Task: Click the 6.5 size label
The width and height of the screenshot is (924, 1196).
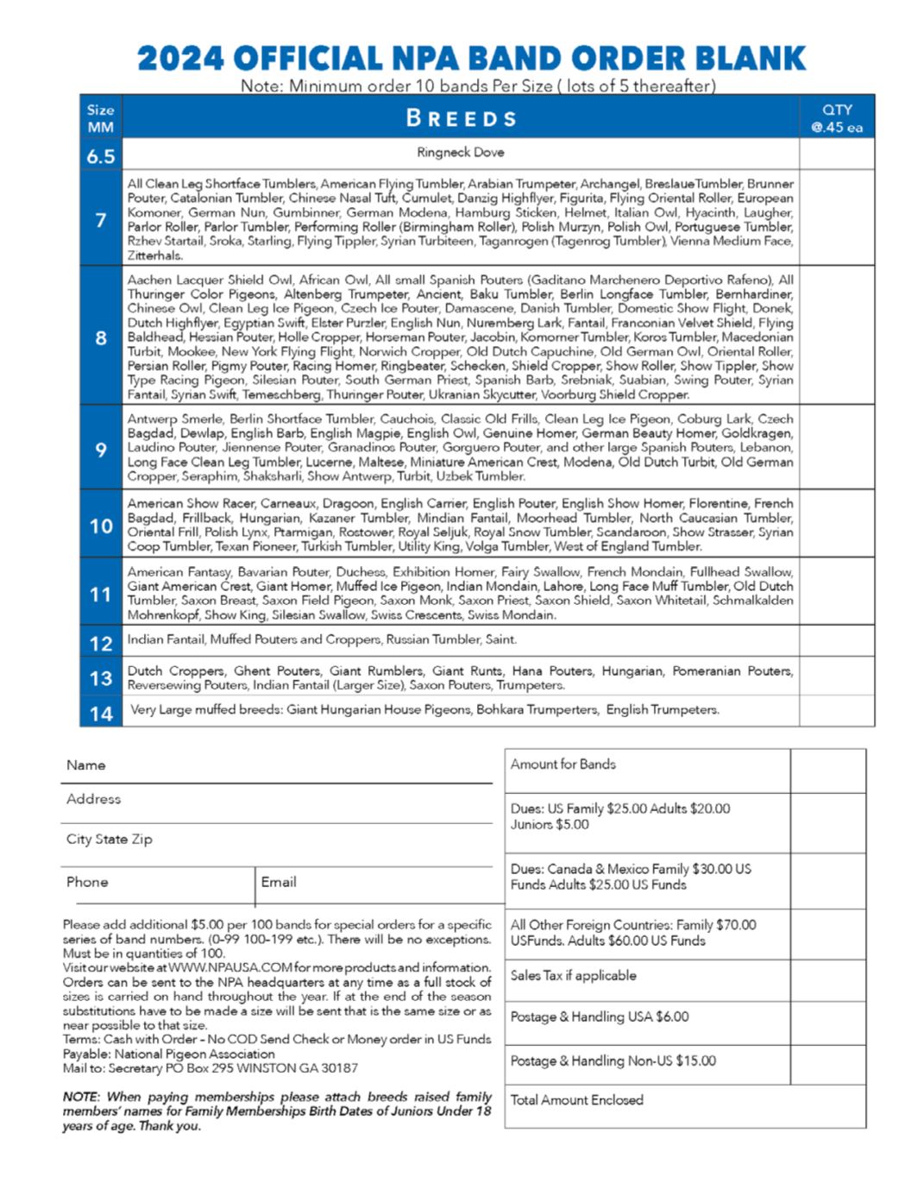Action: (101, 156)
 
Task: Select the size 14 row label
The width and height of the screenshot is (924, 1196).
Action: (101, 714)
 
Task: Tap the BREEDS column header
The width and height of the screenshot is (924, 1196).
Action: (461, 118)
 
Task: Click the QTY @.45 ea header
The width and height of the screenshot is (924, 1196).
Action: (836, 118)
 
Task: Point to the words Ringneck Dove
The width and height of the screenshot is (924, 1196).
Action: (461, 153)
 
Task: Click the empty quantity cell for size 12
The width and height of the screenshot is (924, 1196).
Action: (836, 641)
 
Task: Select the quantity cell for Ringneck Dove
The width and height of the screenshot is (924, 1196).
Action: (836, 154)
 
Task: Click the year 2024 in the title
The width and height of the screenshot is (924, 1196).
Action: (180, 59)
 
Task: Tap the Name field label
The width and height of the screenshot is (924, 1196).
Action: (86, 765)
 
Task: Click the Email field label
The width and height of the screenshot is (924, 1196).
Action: (279, 882)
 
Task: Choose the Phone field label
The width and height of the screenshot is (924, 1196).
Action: (87, 882)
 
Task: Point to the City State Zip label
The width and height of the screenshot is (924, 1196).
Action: (109, 839)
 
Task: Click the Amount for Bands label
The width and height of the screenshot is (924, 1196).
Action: (563, 765)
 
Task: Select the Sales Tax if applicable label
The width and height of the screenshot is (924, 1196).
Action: (574, 975)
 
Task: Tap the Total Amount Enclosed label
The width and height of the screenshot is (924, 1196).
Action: (577, 1100)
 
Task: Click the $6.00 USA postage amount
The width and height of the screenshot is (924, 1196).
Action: (672, 1017)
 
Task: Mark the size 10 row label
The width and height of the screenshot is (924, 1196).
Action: (101, 526)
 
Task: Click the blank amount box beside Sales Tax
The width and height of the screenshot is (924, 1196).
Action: (827, 977)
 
